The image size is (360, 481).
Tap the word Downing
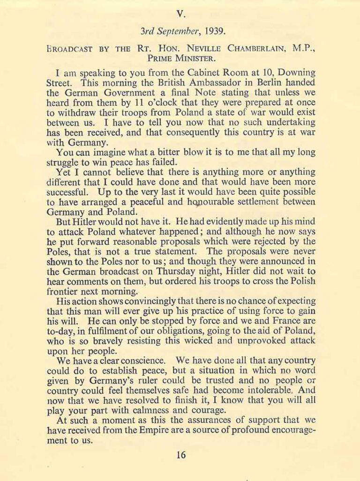click(x=292, y=74)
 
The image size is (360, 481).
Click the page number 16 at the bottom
click(x=181, y=454)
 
